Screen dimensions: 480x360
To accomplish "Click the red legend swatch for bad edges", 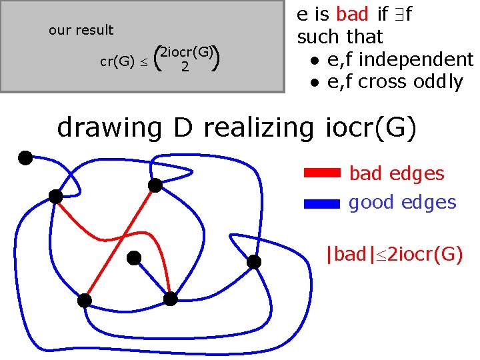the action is point(322,173).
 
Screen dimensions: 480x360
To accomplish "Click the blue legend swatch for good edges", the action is point(322,203).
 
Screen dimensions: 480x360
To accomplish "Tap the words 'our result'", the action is point(81,30).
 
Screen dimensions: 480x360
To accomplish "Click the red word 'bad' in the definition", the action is point(352,14).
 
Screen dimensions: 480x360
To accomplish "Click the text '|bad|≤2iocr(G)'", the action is point(393,254).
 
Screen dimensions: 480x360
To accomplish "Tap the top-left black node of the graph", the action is point(25,158).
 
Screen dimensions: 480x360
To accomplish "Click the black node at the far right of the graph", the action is point(254,262).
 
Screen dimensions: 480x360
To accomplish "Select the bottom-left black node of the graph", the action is point(85,300).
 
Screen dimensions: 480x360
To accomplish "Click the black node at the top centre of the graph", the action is point(155,186).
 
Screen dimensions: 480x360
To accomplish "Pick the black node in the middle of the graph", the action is point(134,257).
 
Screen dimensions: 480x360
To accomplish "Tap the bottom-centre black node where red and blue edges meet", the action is point(171,299).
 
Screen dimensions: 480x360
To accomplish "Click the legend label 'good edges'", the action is point(403,203).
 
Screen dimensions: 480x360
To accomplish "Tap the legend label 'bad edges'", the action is point(397,173).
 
